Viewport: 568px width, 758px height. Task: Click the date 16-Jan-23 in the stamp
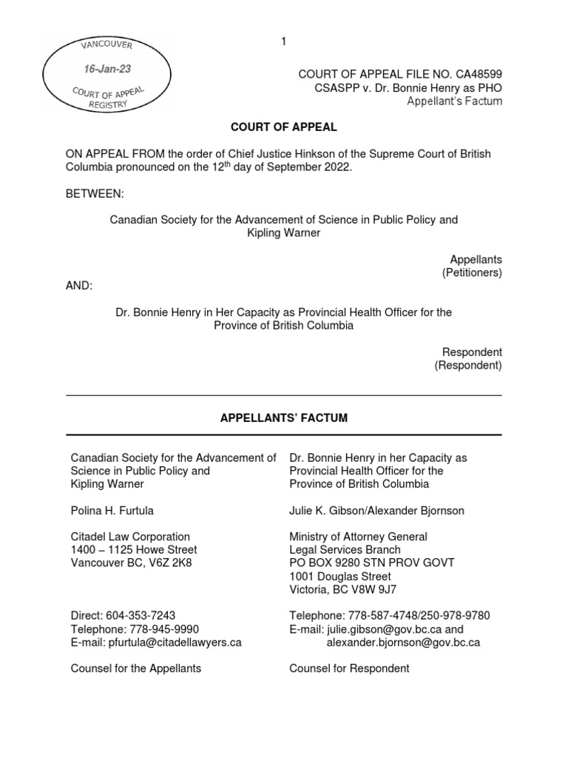tap(108, 69)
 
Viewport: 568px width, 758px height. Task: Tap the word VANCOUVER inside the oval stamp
tap(109, 45)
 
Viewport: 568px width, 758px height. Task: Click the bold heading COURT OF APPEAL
tap(283, 127)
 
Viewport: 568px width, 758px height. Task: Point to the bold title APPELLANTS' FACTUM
tap(284, 418)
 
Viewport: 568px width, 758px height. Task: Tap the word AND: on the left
tap(80, 286)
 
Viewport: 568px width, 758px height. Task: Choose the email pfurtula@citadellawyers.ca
tap(174, 642)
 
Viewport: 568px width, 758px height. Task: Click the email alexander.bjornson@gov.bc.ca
tap(403, 642)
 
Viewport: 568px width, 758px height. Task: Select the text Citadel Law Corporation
tap(130, 537)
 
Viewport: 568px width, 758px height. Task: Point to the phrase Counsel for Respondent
tap(349, 668)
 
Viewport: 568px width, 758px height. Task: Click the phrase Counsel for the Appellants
tap(135, 668)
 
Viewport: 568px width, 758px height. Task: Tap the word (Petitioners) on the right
tap(472, 273)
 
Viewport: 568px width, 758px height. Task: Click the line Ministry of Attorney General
tap(358, 537)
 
